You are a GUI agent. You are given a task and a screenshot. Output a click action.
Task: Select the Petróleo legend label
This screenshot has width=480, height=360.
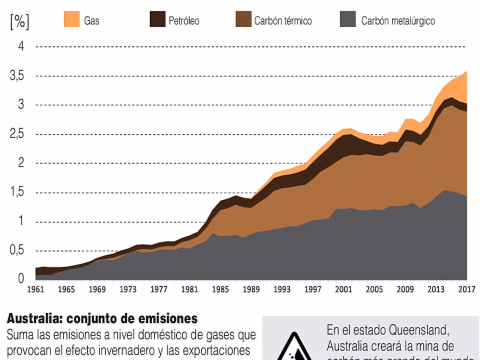click(183, 21)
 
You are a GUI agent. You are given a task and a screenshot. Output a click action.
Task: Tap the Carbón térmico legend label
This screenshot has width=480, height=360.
click(282, 21)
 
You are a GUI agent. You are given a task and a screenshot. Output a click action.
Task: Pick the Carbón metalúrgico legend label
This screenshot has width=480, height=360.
click(398, 21)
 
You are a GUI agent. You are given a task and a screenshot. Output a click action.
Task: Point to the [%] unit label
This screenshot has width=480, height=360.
click(19, 22)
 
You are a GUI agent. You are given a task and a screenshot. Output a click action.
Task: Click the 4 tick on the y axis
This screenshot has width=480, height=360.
click(21, 47)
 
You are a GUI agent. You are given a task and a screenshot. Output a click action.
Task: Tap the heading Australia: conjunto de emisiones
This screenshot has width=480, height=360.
click(102, 318)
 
